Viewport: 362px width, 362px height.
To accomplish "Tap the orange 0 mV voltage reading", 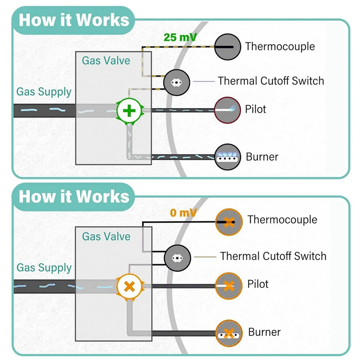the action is [183, 213].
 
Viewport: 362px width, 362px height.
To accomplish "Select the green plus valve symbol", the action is [129, 111].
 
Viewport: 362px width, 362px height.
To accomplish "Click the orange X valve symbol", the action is [130, 287].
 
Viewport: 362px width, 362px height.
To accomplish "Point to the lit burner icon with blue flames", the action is [227, 157].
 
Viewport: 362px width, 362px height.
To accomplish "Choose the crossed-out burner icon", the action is [229, 333].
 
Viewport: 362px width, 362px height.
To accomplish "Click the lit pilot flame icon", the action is [227, 110].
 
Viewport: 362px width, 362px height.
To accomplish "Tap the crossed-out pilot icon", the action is [229, 286].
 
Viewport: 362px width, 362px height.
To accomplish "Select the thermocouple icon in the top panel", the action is [227, 47].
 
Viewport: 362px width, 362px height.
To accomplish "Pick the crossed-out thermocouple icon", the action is [229, 222].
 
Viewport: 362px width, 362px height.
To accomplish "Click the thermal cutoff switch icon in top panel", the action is [176, 82].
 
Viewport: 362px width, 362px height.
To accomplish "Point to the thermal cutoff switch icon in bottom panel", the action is [177, 258].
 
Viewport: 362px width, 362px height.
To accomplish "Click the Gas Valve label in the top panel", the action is [106, 61].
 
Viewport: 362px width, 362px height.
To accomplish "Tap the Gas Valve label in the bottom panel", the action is [106, 236].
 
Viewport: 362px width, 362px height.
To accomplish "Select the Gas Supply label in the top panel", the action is [44, 92].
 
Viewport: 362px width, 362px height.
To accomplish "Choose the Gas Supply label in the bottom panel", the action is [44, 268].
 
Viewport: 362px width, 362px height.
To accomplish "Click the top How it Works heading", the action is [74, 20].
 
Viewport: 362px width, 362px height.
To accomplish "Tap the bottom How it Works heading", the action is [74, 196].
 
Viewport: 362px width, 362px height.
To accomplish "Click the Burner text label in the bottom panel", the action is [264, 332].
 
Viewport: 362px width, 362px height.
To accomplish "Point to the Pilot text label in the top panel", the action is [256, 109].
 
